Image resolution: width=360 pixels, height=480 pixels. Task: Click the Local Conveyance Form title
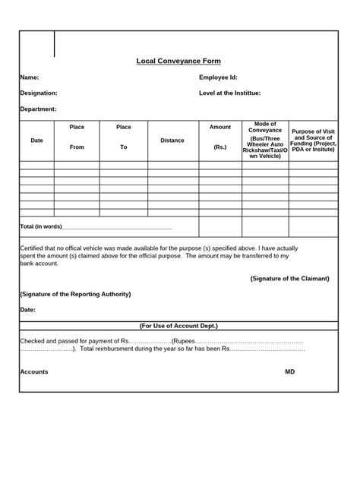click(x=178, y=61)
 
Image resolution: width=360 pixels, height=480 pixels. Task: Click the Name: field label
click(x=30, y=77)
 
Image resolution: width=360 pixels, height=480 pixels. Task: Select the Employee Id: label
click(x=219, y=77)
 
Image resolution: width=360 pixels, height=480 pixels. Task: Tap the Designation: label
click(x=39, y=93)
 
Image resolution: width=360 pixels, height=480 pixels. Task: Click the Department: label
click(x=39, y=109)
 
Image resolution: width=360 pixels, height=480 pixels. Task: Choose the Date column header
click(x=36, y=141)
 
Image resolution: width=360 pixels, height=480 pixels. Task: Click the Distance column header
click(x=172, y=141)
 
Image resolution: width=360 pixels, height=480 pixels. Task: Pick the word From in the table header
click(x=77, y=147)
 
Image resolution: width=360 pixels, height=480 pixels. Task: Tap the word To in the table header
click(x=124, y=147)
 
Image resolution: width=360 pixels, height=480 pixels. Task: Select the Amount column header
click(x=220, y=127)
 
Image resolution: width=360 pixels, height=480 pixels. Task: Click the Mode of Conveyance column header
click(x=265, y=127)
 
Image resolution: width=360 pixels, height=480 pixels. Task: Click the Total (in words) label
click(x=41, y=227)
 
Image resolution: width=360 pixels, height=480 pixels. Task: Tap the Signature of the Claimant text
click(x=289, y=278)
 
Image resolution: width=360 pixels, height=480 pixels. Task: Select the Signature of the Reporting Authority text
click(x=75, y=293)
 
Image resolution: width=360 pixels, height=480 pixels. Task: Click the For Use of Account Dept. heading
click(x=178, y=325)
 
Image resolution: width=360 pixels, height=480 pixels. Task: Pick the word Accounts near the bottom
click(x=34, y=371)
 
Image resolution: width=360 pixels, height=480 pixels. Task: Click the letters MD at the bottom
click(x=289, y=371)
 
